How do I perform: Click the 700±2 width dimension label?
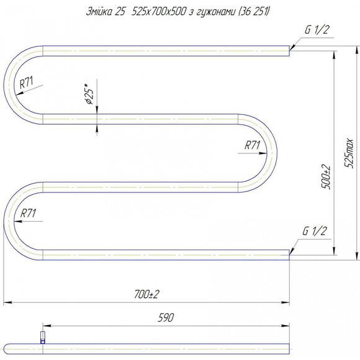point(146,294)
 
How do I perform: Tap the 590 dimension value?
point(166,318)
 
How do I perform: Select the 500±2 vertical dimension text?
point(326,177)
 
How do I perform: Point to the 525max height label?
point(349,153)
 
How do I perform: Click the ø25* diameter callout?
point(89,94)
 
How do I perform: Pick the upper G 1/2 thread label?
point(317,30)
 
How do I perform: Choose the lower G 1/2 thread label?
point(314,231)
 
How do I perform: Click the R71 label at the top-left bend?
point(26,83)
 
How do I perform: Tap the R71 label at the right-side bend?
point(252,145)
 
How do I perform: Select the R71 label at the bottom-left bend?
point(28,213)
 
